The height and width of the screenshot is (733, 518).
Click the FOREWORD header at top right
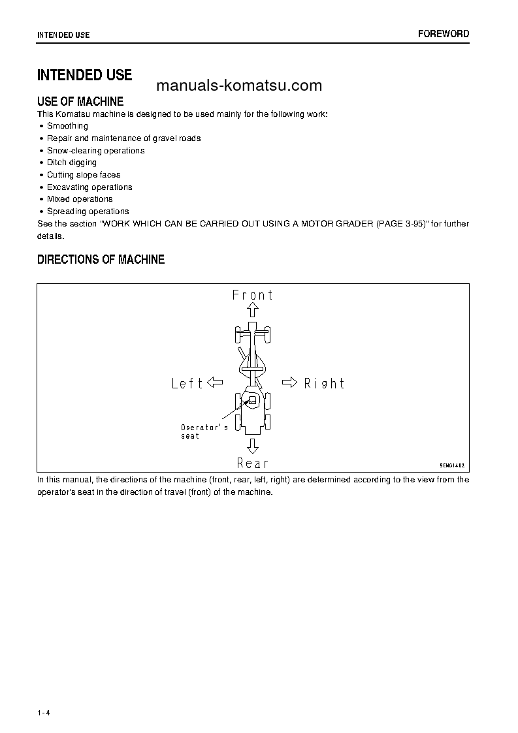444,34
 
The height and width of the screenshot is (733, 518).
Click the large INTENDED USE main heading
84,75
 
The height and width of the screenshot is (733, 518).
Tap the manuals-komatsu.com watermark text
239,86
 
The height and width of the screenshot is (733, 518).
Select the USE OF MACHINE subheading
80,101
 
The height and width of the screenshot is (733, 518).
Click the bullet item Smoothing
67,126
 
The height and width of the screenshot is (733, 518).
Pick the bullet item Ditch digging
72,163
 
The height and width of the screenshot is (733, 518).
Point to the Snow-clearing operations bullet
95,150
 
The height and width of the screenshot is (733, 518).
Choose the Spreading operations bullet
88,211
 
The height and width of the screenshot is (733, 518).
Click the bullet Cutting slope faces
84,175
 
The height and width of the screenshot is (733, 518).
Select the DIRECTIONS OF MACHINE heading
101,260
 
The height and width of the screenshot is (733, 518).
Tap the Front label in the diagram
253,295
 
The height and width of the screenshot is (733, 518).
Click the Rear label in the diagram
253,463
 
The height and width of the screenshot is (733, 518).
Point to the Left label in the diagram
187,383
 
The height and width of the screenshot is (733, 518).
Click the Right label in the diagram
324,383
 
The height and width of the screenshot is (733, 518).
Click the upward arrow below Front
253,310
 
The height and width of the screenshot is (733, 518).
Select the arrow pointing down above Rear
253,446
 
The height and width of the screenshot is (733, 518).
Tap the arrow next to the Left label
215,382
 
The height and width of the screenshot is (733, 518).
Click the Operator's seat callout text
204,431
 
